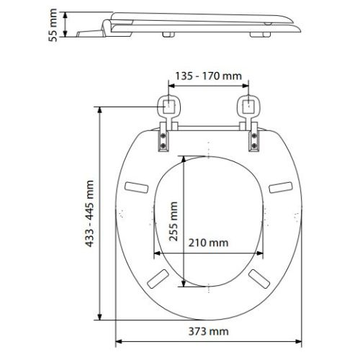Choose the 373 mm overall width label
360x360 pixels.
210,331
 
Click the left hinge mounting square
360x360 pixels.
169,107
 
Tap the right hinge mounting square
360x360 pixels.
248,107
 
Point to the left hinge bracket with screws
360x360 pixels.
165,137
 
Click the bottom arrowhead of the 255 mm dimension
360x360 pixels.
186,283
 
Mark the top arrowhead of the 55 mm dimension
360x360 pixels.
67,12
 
